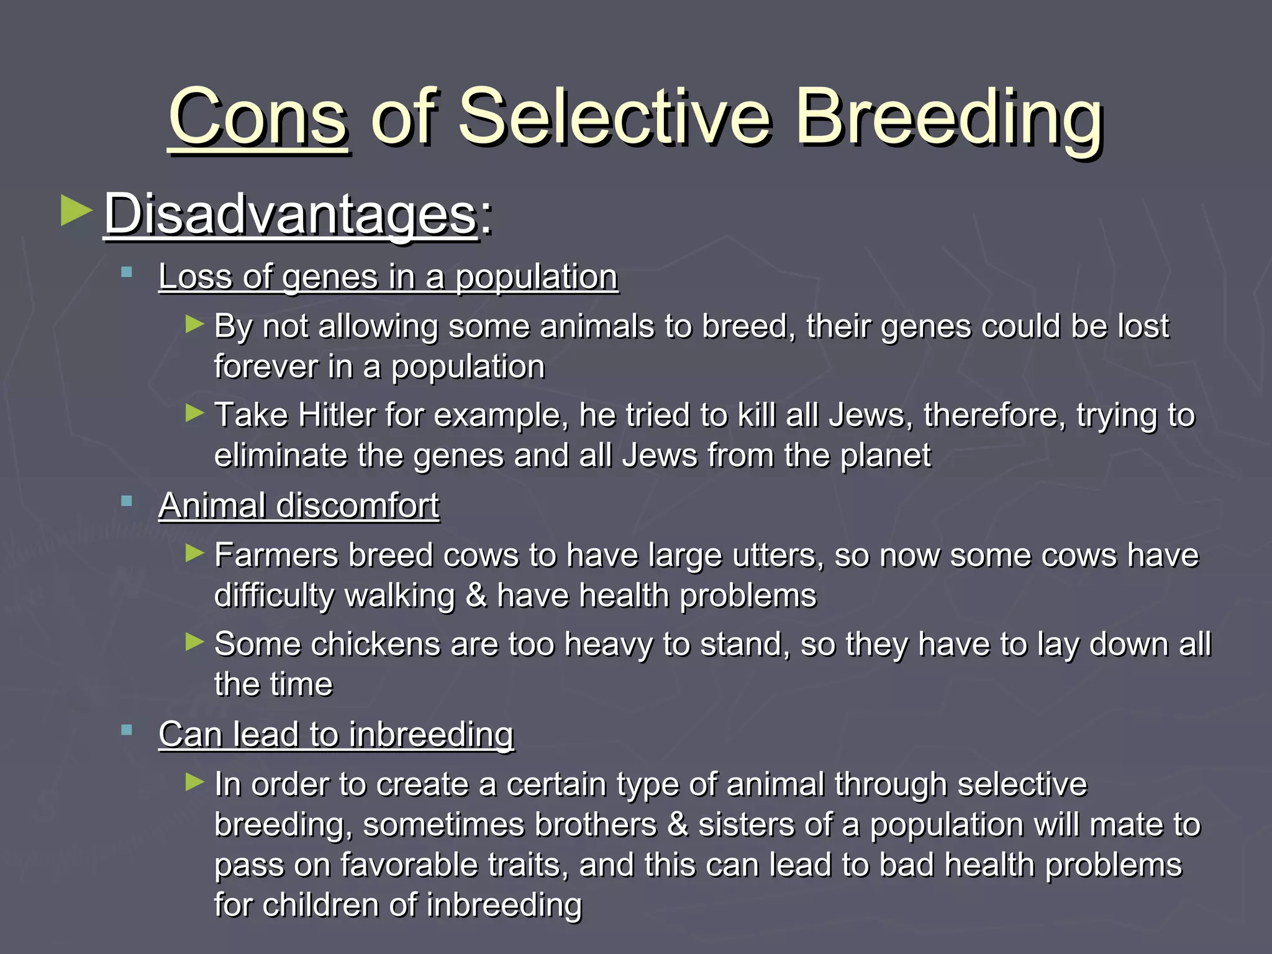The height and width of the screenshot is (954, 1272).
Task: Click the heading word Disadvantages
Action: [290, 214]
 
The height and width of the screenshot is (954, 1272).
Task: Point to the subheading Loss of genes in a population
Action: [388, 276]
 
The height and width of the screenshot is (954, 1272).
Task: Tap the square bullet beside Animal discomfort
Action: [127, 501]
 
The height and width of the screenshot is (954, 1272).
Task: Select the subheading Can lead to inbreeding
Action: [336, 734]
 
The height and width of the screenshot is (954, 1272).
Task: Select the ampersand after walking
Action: [476, 595]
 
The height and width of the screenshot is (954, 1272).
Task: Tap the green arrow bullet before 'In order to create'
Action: [195, 781]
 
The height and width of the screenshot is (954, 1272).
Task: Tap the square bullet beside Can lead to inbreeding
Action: [127, 730]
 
